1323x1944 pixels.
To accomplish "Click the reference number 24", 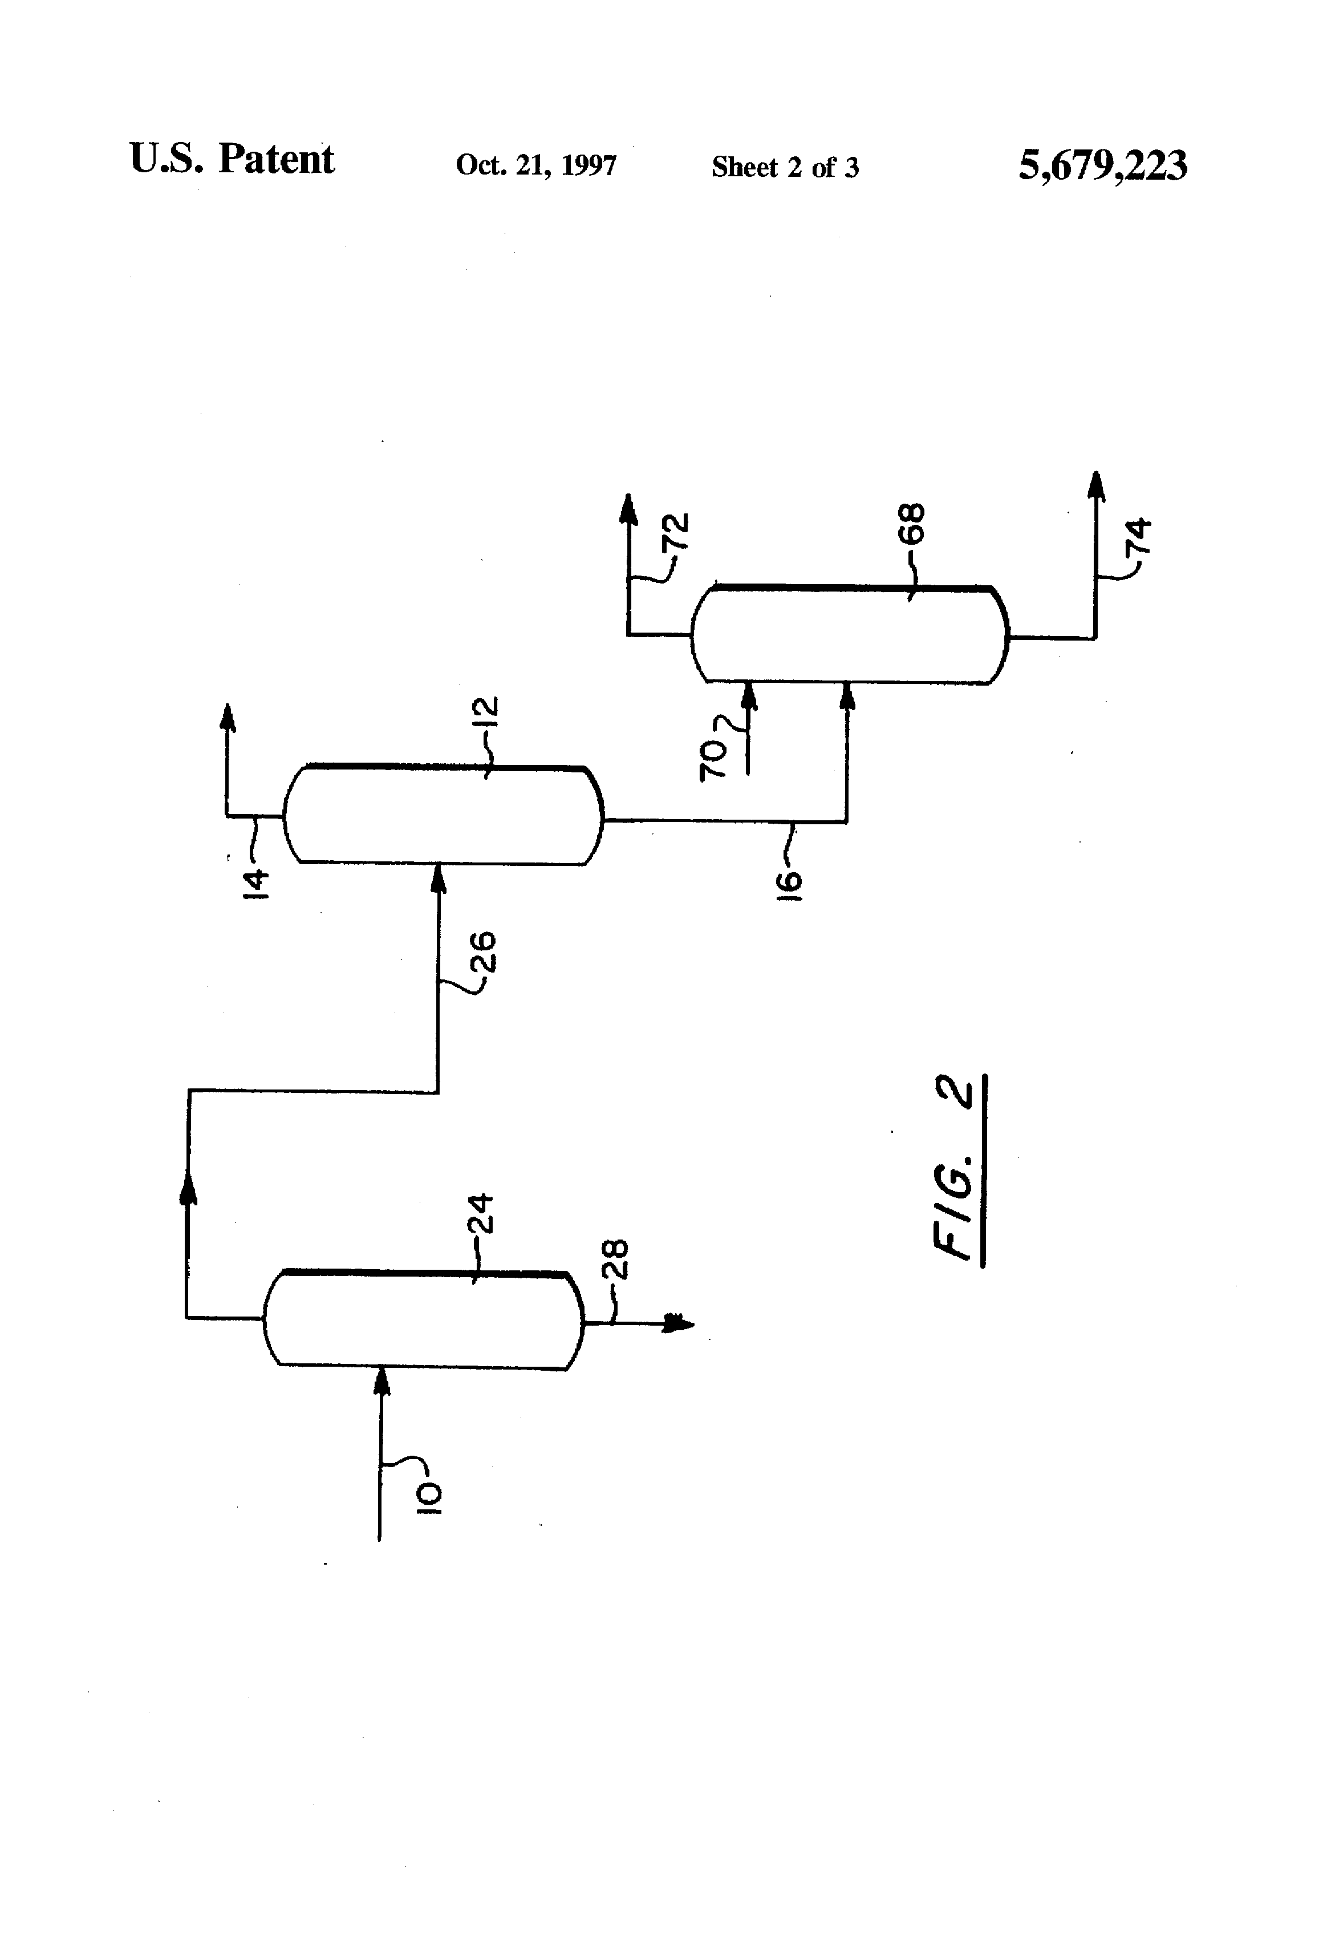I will point(480,1214).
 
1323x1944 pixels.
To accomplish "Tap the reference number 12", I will point(485,715).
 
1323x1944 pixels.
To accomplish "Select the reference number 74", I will point(1138,536).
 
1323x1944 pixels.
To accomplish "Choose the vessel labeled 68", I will point(850,635).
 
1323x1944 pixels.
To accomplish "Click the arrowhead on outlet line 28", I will point(679,1323).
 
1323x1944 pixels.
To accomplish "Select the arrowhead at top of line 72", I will point(628,507).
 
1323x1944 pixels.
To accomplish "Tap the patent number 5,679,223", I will point(1102,165).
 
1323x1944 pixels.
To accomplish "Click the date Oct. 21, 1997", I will point(536,165).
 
